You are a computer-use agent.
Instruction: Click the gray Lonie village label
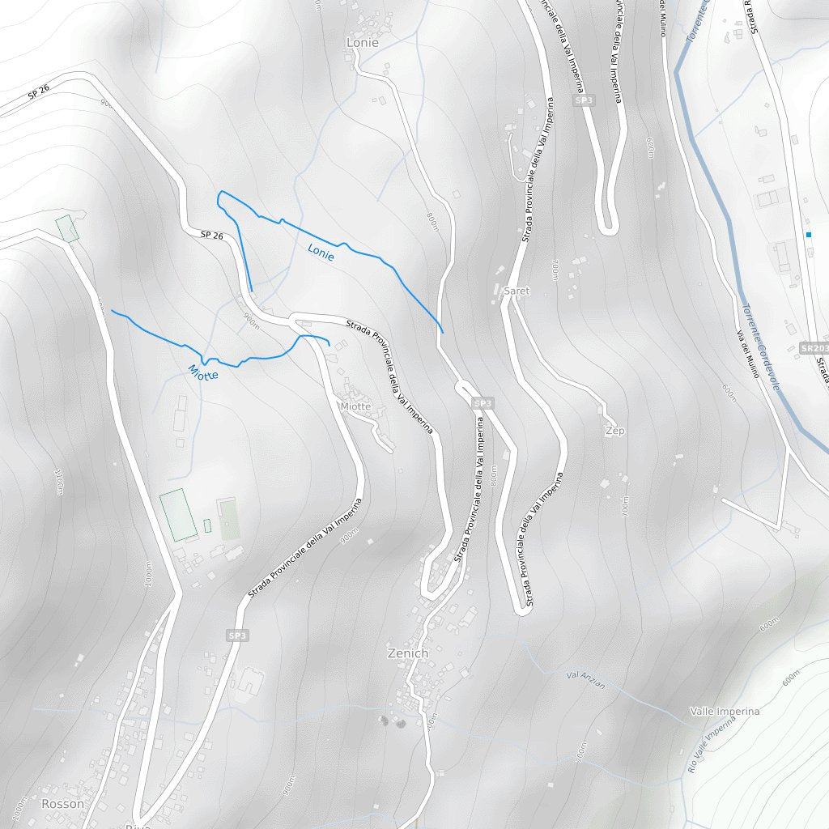362,42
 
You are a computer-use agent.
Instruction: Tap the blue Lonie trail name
321,253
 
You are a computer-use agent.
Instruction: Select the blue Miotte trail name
203,373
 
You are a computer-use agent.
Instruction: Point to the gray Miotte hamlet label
355,406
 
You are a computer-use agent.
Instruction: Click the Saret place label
517,291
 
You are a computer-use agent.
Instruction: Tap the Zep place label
615,432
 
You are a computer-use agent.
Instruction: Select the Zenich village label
407,653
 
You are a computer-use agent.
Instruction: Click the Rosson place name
62,804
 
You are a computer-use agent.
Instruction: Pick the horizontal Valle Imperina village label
725,712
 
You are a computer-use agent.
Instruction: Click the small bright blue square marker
808,235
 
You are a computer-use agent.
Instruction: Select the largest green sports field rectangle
179,515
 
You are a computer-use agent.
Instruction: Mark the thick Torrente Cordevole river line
712,178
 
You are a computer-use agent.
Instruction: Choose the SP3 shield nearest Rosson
237,636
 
